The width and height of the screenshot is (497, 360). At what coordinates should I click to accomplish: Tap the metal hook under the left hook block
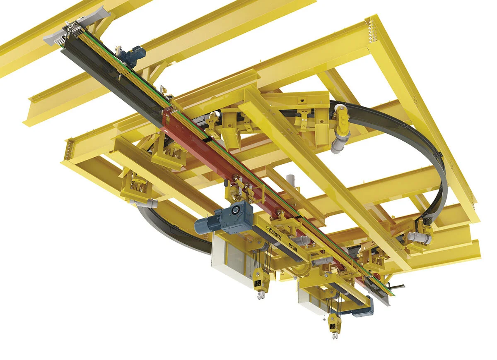click(x=261, y=295)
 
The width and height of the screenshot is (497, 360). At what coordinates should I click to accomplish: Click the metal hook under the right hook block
click(x=334, y=335)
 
